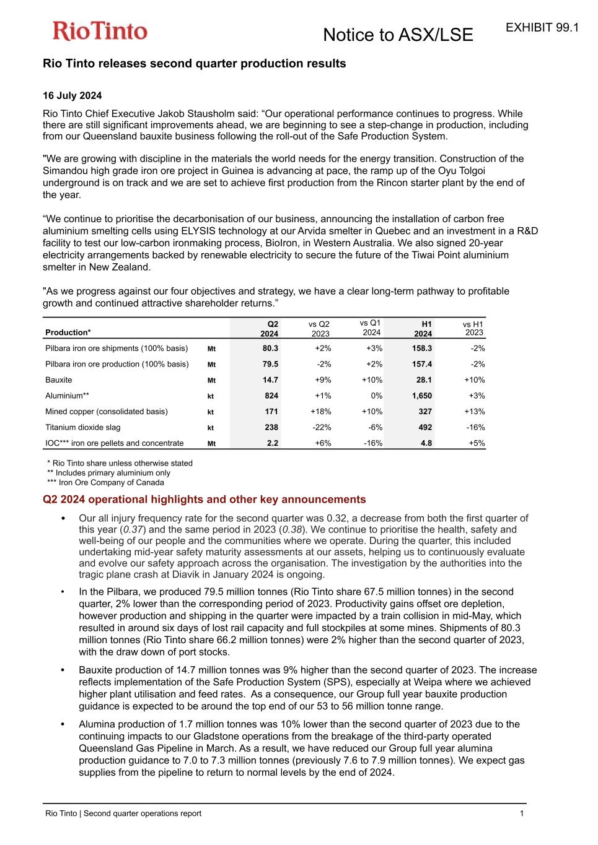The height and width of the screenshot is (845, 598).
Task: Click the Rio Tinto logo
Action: [x=100, y=31]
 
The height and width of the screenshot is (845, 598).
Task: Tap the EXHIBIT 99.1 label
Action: [x=542, y=27]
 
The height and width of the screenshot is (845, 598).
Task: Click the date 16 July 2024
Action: [x=72, y=95]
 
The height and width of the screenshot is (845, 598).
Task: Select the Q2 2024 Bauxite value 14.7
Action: [x=270, y=380]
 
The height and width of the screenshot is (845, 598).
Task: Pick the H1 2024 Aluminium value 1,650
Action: [x=421, y=396]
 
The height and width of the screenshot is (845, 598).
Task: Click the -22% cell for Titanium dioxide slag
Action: [x=321, y=427]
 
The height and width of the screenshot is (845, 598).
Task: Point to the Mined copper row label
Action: [x=106, y=412]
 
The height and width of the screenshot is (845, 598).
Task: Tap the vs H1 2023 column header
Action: [x=473, y=328]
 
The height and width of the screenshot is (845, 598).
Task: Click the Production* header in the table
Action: [x=68, y=332]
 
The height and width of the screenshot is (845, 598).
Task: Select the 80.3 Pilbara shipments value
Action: [x=270, y=349]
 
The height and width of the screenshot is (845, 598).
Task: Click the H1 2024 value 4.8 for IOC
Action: [x=426, y=443]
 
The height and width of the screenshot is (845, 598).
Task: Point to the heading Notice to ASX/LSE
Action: [x=398, y=35]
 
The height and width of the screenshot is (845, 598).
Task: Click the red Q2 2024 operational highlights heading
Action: [x=204, y=500]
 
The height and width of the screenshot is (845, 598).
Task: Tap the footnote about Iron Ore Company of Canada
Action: [x=105, y=483]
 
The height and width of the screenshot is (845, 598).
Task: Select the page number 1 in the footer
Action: [x=522, y=813]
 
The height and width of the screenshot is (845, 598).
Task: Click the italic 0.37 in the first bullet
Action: [x=133, y=530]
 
